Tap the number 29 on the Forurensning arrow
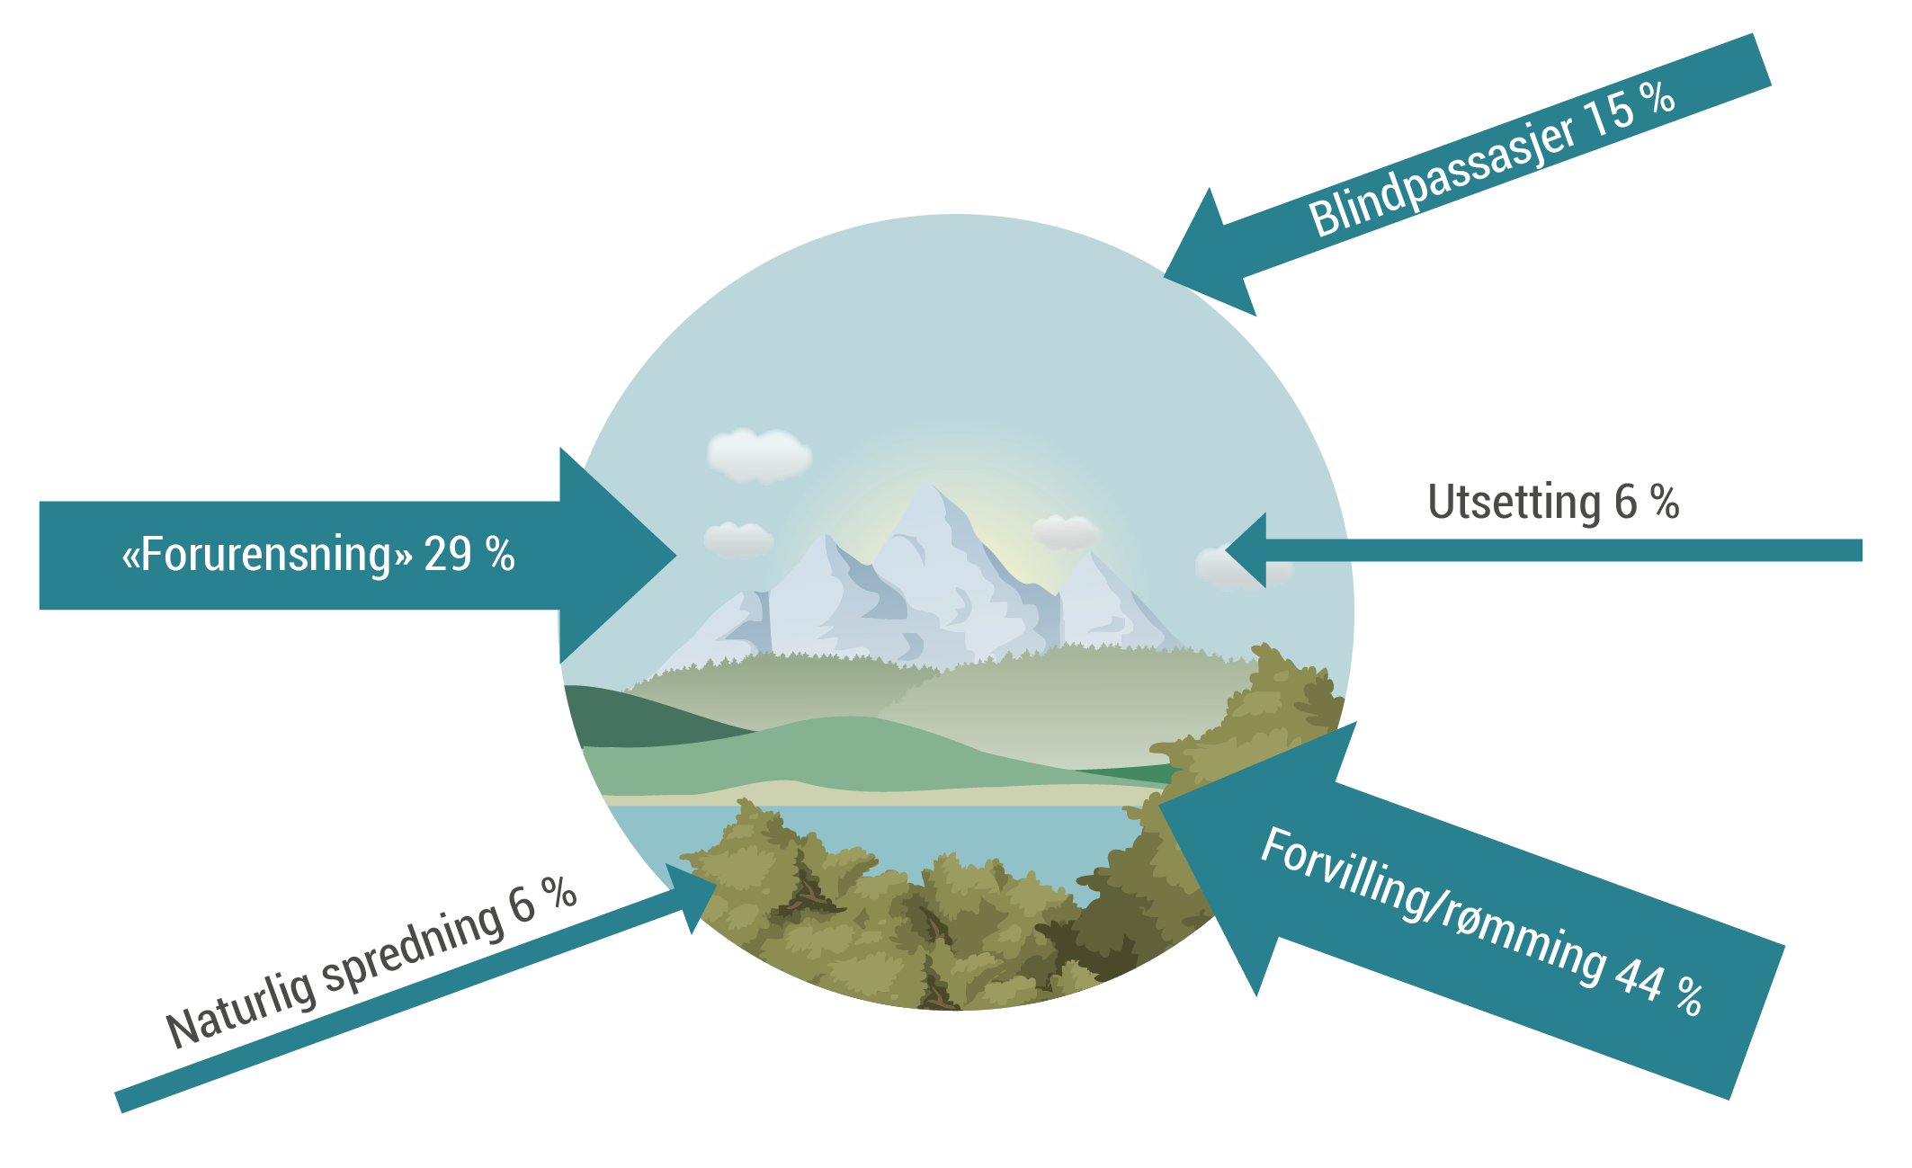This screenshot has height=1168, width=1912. tap(447, 555)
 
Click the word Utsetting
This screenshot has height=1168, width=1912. tap(1514, 502)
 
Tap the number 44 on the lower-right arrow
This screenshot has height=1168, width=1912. tap(1639, 979)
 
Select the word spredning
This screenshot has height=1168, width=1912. tap(413, 946)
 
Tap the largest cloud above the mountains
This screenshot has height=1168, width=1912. tap(758, 454)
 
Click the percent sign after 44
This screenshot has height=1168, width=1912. tap(1689, 997)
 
